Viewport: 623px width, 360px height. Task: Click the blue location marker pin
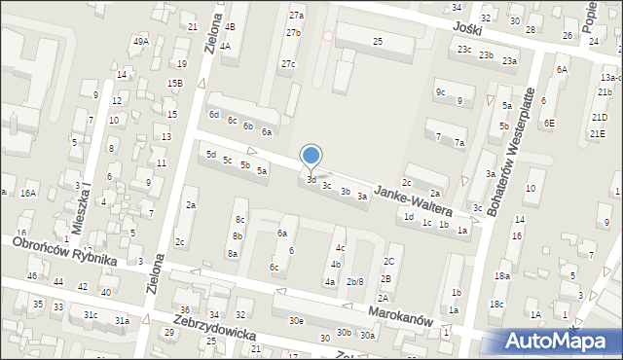(x=311, y=156)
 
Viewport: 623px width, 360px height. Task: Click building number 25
(x=378, y=40)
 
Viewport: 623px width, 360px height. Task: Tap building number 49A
(x=141, y=41)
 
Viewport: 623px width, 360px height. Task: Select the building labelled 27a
(x=296, y=16)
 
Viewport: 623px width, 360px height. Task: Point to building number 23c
(x=464, y=50)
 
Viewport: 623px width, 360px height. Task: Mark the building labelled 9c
(x=440, y=91)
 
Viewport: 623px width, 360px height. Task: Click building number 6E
(x=550, y=123)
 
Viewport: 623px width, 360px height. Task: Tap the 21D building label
(x=597, y=118)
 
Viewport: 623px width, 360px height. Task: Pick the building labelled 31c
(x=90, y=314)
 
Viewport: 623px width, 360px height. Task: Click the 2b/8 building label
(x=355, y=281)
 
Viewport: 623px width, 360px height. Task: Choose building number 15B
(x=174, y=84)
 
